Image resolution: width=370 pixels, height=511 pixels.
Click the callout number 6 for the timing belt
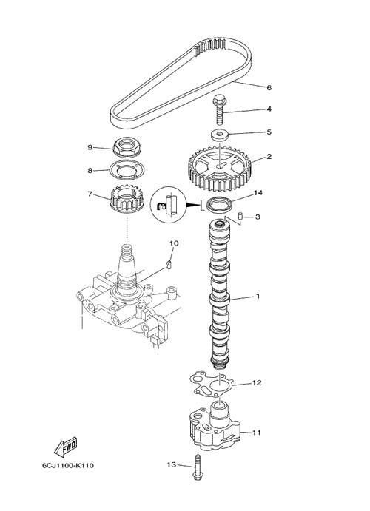tap(269, 88)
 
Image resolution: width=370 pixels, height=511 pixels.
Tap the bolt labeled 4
tap(218, 110)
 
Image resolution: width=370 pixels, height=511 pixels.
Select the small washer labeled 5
tap(219, 135)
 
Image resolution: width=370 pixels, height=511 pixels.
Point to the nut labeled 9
tap(127, 146)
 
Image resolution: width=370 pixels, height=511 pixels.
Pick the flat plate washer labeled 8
tap(125, 170)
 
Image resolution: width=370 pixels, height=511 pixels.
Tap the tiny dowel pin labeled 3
tap(240, 215)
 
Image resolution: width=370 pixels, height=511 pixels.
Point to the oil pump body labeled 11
tap(215, 426)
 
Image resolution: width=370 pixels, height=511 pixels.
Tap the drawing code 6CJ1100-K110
tap(68, 465)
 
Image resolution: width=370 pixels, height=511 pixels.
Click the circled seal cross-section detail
tap(169, 205)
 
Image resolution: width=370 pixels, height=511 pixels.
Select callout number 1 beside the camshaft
tap(258, 297)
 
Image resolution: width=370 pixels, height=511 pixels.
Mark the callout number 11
tap(256, 433)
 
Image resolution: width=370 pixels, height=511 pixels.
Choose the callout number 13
tap(172, 464)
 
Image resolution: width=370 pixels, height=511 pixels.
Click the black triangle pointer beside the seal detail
tap(193, 206)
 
